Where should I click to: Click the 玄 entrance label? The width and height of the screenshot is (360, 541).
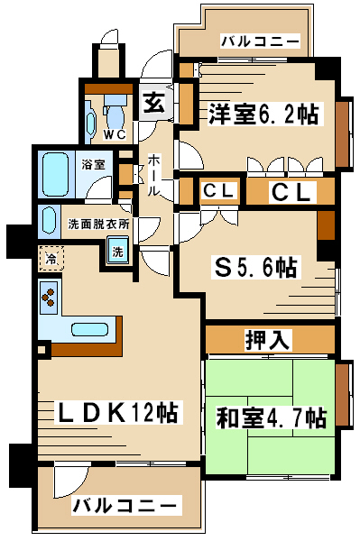pos(154,102)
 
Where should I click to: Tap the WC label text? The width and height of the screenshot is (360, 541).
pos(115,135)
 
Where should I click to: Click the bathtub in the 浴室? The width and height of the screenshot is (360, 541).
pos(55,175)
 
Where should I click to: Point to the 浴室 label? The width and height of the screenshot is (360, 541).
pos(93,165)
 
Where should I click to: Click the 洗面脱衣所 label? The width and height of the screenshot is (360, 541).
pos(98,225)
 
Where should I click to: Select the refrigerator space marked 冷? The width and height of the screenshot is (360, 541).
pos(51,259)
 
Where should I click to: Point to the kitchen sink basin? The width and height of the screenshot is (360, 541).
pos(89,329)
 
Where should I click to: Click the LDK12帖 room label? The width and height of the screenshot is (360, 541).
pos(116,413)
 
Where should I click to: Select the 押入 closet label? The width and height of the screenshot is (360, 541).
pos(267,340)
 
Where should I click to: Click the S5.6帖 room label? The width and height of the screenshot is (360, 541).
pos(255,268)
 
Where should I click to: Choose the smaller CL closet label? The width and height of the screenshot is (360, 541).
pos(219,190)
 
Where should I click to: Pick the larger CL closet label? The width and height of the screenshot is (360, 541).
pos(291,192)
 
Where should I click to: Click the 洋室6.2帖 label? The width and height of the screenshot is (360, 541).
pos(263,114)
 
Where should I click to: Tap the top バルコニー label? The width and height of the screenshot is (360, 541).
pos(260,41)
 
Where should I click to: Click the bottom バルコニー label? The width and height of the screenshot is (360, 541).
pos(125,506)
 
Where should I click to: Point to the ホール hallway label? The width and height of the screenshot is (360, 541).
pos(154,175)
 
